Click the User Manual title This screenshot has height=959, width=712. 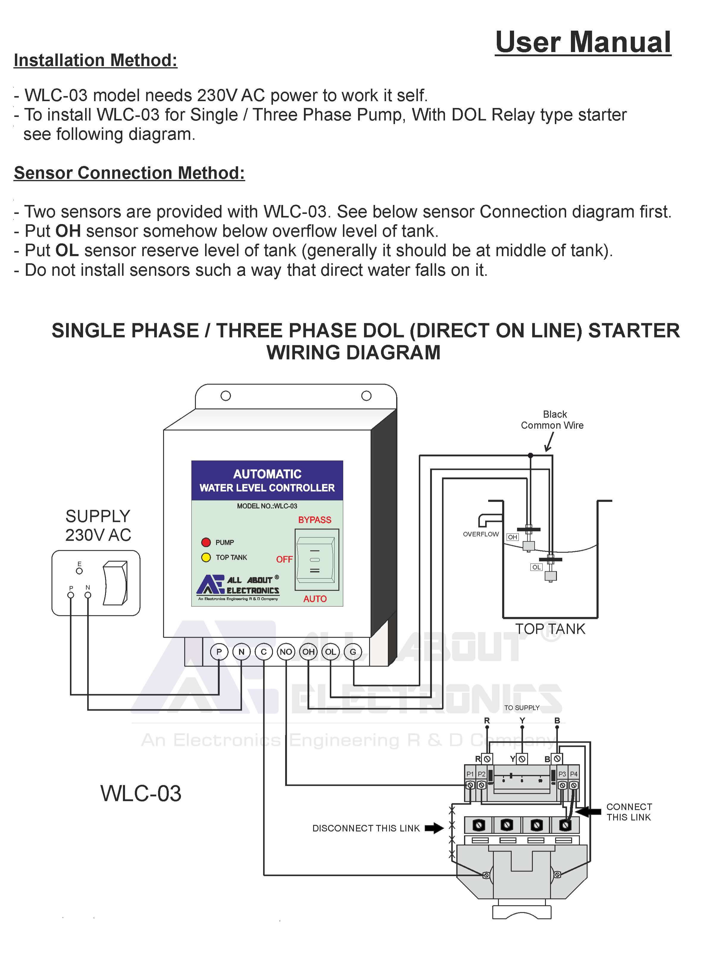click(x=583, y=42)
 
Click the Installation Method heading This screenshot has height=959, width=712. click(x=95, y=60)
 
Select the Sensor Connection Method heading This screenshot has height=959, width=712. click(x=129, y=173)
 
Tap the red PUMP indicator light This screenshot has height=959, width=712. click(x=206, y=542)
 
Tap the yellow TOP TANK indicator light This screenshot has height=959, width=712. click(x=206, y=557)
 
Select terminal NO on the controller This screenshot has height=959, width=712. click(x=286, y=651)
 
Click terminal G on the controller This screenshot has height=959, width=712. click(x=353, y=651)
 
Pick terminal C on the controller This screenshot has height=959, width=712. click(x=263, y=651)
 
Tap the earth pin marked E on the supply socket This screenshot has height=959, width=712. click(x=79, y=570)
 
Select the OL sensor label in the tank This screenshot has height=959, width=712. click(x=536, y=567)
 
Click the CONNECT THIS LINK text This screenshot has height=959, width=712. click(x=629, y=812)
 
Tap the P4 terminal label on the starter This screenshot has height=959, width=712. click(x=574, y=774)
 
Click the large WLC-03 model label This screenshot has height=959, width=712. click(x=141, y=793)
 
